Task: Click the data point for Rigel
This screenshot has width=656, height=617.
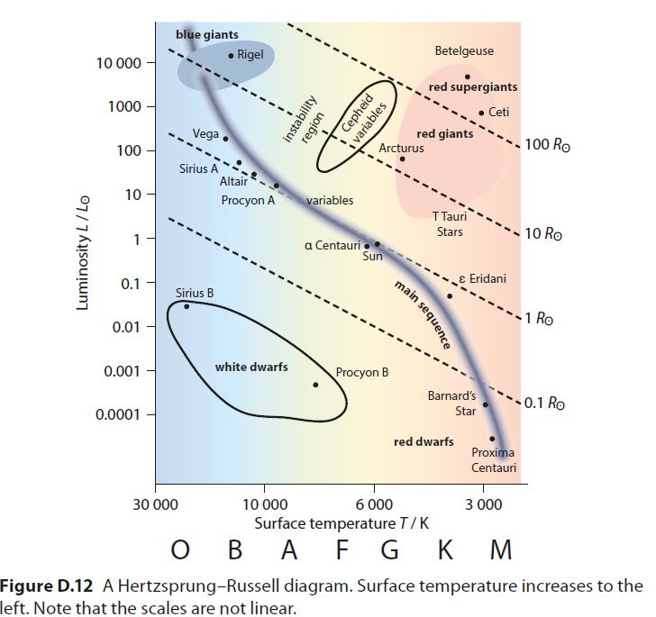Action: click(231, 56)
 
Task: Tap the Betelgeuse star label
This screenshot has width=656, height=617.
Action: click(464, 51)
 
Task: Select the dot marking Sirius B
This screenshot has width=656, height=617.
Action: click(187, 306)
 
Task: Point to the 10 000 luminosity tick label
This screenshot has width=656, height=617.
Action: click(119, 64)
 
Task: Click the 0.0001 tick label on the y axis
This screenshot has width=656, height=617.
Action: click(119, 414)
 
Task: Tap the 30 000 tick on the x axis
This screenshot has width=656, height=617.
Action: click(155, 504)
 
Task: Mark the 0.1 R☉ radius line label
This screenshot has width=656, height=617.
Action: click(544, 403)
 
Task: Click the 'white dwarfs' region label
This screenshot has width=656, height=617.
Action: click(251, 367)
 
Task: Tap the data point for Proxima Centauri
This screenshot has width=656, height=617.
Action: click(492, 439)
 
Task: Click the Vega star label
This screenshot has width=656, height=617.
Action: click(205, 133)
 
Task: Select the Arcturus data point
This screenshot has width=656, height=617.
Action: click(402, 159)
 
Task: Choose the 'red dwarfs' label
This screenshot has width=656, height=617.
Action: click(424, 441)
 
